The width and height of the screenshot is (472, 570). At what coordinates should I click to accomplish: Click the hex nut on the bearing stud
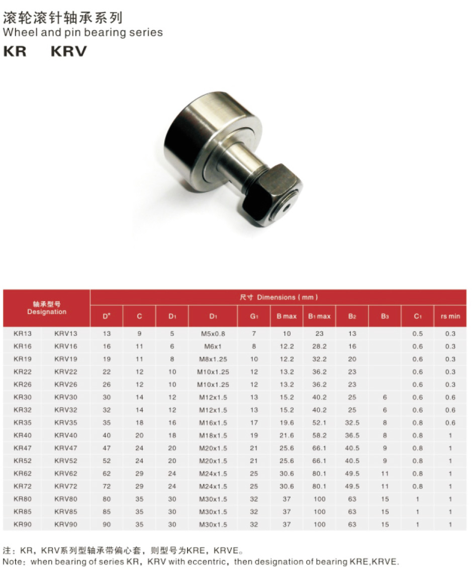pyautogui.click(x=272, y=196)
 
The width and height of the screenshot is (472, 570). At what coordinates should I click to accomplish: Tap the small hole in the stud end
pyautogui.click(x=287, y=208)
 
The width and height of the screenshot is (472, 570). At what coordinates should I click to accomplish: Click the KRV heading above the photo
pyautogui.click(x=69, y=51)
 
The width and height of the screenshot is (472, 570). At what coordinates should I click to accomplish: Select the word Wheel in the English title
pyautogui.click(x=21, y=32)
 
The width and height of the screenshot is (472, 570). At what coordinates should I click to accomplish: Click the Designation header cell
pyautogui.click(x=47, y=308)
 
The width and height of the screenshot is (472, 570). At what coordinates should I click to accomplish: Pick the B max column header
pyautogui.click(x=287, y=316)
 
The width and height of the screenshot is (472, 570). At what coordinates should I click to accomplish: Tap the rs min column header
pyautogui.click(x=450, y=316)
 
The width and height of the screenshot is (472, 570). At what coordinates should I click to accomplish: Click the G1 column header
pyautogui.click(x=254, y=316)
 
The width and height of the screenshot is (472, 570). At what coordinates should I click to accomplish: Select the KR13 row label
pyautogui.click(x=23, y=333)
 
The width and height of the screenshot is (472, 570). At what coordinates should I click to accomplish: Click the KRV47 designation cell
pyautogui.click(x=66, y=448)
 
